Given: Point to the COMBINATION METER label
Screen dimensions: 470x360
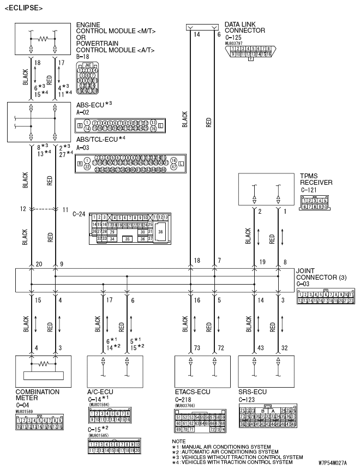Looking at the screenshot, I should [38, 395].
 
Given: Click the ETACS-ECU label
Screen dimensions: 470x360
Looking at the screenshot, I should [192, 392].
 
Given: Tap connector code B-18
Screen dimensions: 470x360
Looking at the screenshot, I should [83, 56].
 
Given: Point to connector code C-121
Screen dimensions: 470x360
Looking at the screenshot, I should [309, 190].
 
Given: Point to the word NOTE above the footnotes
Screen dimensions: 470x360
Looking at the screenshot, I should [178, 441].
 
